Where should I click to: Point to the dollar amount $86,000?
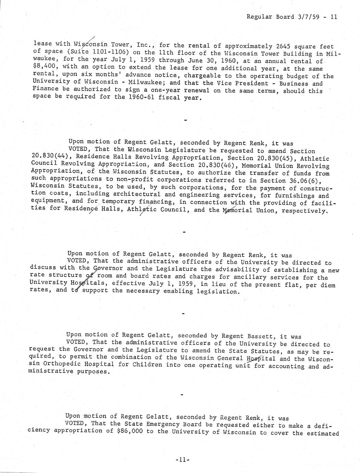(131, 431)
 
